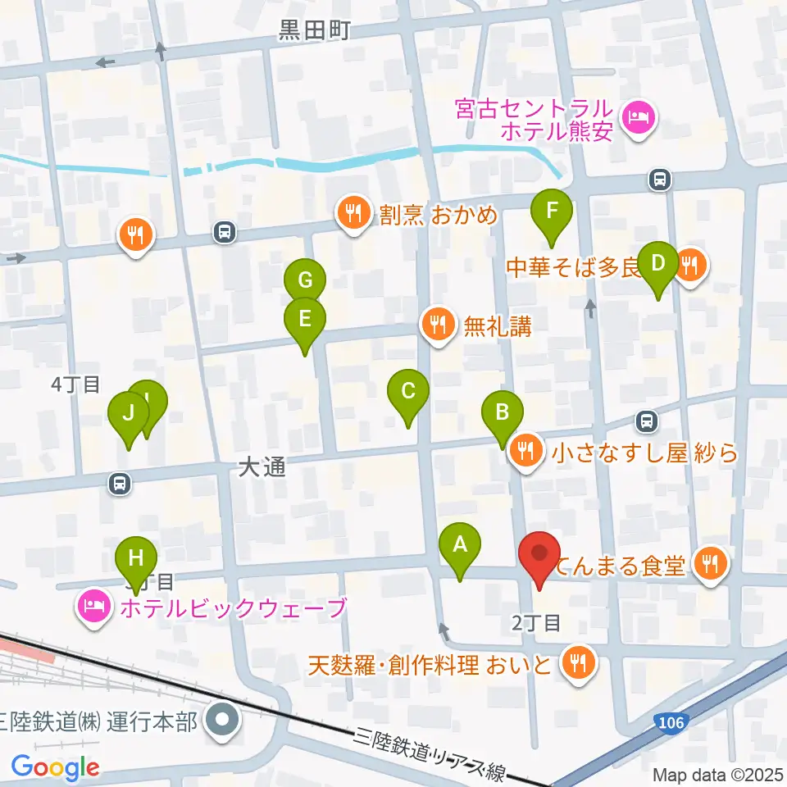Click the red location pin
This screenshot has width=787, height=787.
tap(539, 557)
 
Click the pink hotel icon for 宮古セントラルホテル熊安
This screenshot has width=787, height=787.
tap(637, 118)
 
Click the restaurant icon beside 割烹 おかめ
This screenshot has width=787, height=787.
tap(353, 215)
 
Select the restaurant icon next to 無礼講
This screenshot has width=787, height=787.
tap(439, 327)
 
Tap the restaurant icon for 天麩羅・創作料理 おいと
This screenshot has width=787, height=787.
tap(580, 662)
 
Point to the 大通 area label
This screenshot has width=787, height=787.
tap(262, 468)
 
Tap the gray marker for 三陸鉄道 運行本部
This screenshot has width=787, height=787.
tap(222, 721)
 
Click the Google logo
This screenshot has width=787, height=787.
tap(55, 767)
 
